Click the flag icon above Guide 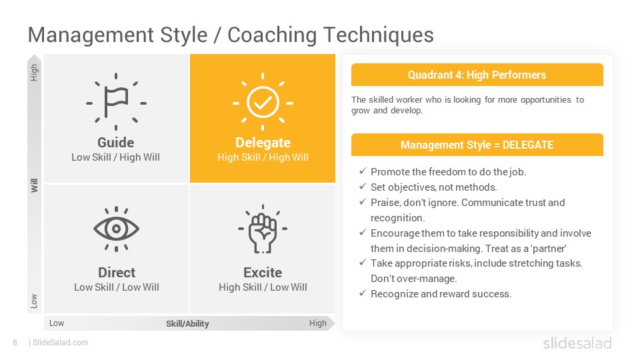(116, 101)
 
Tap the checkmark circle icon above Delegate (263, 101)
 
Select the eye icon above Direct (116, 229)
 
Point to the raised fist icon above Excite (263, 229)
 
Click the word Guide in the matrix (115, 143)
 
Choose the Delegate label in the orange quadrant (263, 143)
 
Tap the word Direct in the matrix (117, 272)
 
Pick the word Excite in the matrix (263, 272)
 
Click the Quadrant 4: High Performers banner (477, 75)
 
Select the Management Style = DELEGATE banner (477, 145)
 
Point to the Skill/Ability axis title (187, 324)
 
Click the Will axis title (34, 185)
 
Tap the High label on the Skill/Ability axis (317, 323)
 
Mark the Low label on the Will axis (34, 301)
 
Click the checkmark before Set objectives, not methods (363, 187)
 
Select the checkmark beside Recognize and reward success (363, 293)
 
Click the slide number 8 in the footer (15, 343)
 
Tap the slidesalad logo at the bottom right (577, 343)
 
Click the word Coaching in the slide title (272, 35)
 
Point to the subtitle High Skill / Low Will (263, 287)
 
